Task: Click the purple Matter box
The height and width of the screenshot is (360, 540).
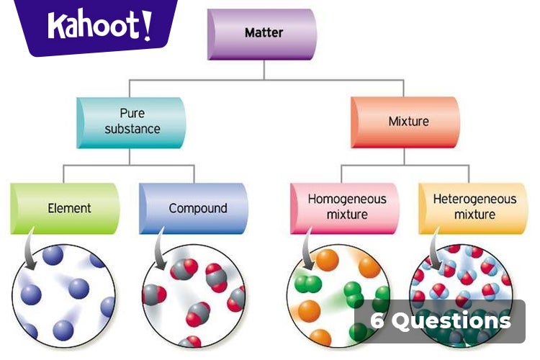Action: (x=263, y=33)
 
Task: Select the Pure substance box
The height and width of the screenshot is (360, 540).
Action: (x=131, y=122)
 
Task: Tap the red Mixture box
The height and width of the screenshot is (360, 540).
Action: (x=405, y=122)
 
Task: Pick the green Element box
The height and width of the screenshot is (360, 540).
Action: (x=66, y=208)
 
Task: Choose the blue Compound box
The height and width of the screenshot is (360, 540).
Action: (x=194, y=208)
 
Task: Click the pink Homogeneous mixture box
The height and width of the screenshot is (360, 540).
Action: (x=344, y=208)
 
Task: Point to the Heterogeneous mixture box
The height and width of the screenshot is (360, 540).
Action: (x=473, y=208)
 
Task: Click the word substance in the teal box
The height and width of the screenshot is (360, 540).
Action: (x=132, y=130)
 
